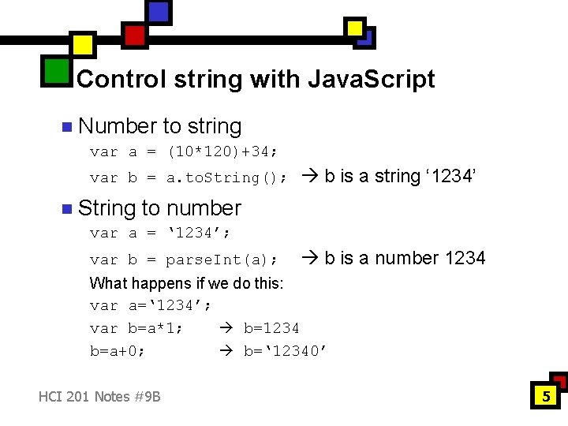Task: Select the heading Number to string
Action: point(160,126)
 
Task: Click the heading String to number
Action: point(159,208)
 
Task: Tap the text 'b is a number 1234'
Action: point(394,258)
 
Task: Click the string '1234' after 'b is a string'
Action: point(450,176)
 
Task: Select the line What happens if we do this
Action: point(187,283)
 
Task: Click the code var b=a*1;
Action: point(136,328)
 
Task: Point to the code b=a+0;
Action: point(118,351)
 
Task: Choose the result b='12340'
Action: point(285,351)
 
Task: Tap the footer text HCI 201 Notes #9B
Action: point(99,396)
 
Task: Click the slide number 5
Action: point(545,396)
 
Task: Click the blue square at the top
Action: point(159,12)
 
